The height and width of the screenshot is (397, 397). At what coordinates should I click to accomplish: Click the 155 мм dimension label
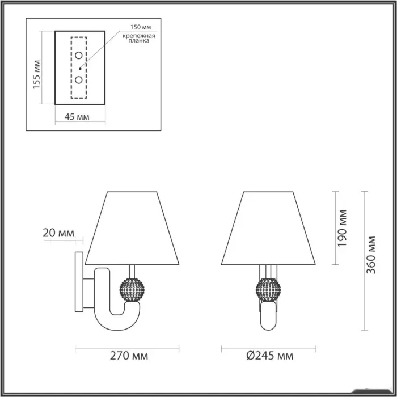36,74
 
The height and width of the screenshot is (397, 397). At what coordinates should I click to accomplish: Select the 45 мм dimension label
77,117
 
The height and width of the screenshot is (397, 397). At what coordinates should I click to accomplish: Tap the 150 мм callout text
141,27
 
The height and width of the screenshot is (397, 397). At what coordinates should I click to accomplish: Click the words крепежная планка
139,38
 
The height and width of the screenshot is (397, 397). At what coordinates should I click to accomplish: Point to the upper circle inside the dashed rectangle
79,55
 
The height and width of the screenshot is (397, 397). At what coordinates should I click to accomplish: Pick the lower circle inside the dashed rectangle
79,80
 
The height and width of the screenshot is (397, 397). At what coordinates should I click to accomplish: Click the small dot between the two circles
80,69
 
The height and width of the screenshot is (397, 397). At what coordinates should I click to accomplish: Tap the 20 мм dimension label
58,233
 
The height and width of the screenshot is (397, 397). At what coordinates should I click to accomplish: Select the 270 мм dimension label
129,356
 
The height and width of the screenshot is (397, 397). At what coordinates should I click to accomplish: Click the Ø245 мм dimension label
270,356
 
